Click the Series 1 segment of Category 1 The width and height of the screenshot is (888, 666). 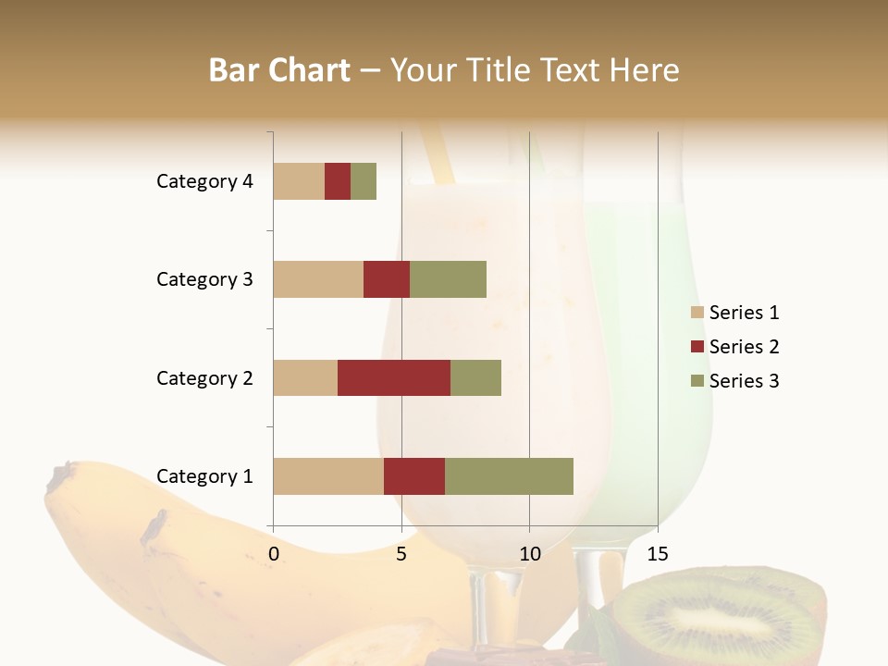(x=328, y=476)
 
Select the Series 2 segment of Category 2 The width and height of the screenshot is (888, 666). (x=394, y=377)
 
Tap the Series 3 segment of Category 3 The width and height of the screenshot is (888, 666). (x=448, y=279)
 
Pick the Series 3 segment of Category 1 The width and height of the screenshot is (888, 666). (x=509, y=476)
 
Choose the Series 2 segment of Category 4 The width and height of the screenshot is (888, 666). (x=338, y=181)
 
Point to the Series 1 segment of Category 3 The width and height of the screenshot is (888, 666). (x=318, y=279)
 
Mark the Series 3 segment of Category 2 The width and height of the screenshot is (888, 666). (x=475, y=377)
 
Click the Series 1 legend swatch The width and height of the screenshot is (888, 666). (x=697, y=313)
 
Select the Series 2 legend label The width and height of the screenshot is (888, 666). (x=744, y=347)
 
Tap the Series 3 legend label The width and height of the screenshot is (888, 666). (x=744, y=381)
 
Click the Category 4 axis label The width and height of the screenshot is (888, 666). (x=204, y=181)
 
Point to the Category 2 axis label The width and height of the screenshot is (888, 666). (x=204, y=377)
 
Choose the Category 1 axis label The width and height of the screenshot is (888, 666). (x=204, y=476)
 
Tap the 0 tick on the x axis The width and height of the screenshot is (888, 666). (x=274, y=554)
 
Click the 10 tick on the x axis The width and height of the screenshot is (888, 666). (x=529, y=554)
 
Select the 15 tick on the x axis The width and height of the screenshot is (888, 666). (x=657, y=554)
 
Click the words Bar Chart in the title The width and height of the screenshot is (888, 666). (x=279, y=70)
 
